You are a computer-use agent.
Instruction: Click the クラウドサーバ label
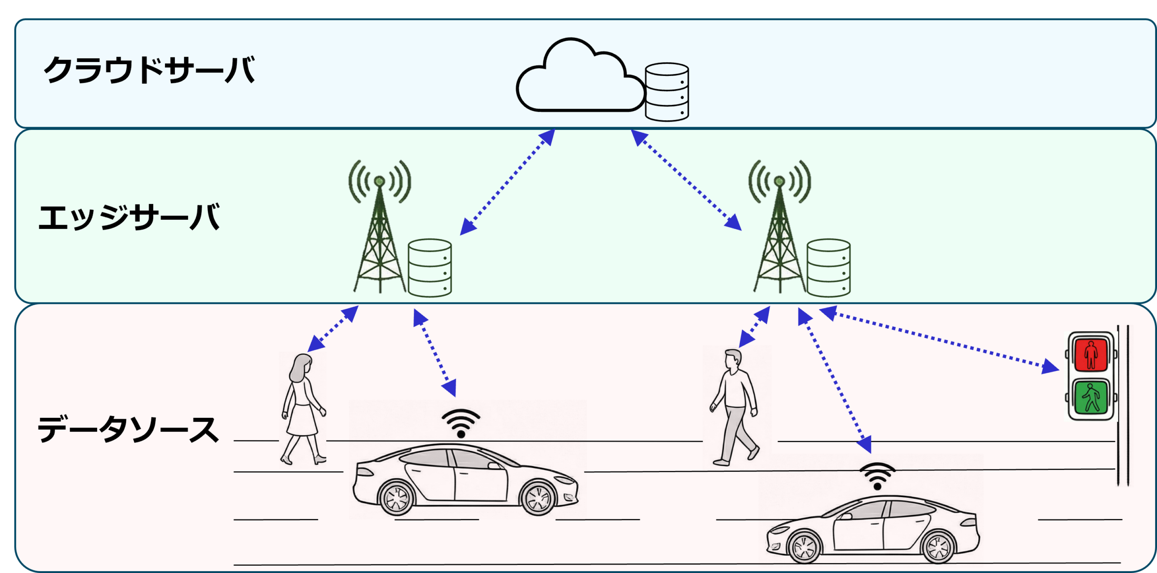pyautogui.click(x=149, y=70)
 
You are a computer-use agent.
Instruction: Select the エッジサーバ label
pyautogui.click(x=129, y=217)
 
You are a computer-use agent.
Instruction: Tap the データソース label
pyautogui.click(x=128, y=429)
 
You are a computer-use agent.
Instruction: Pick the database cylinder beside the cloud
pyautogui.click(x=667, y=92)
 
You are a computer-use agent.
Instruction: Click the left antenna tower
pyautogui.click(x=380, y=226)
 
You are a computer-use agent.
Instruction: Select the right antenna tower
pyautogui.click(x=780, y=226)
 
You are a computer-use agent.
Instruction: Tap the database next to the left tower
pyautogui.click(x=429, y=268)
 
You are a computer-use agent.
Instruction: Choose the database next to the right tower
pyautogui.click(x=828, y=268)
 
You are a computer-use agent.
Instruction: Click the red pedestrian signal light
pyautogui.click(x=1091, y=355)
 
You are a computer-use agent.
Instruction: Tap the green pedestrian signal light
pyautogui.click(x=1091, y=398)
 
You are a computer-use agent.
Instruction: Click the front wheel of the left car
pyautogui.click(x=538, y=497)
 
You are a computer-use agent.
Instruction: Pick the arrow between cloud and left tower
pyautogui.click(x=508, y=182)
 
